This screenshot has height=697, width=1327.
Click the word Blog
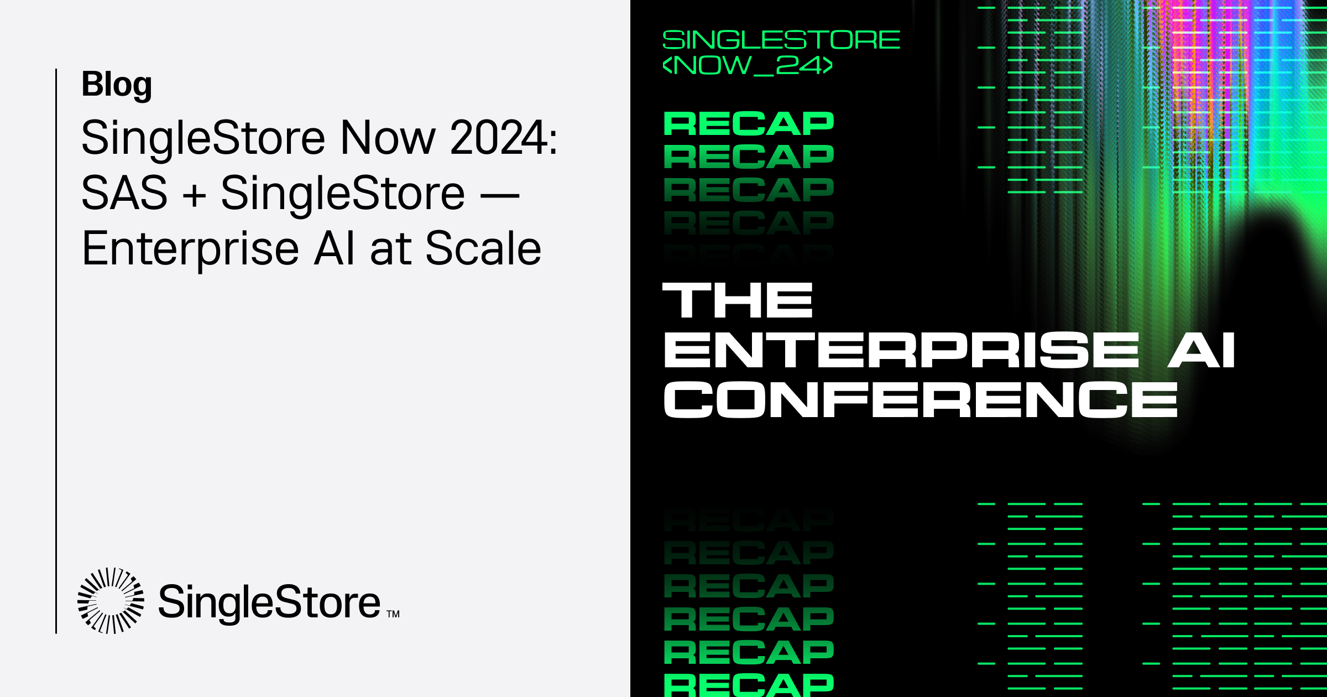(117, 85)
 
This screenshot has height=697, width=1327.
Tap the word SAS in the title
(124, 193)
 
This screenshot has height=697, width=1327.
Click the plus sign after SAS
(194, 195)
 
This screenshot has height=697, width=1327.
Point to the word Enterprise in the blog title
(190, 249)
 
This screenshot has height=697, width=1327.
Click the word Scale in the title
(483, 249)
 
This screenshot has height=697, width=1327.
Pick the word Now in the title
(388, 138)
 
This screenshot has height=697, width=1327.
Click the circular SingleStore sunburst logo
(111, 600)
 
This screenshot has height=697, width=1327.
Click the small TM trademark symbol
(393, 614)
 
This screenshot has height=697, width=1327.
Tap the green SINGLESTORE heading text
(781, 40)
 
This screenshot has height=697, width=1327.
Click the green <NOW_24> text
(748, 65)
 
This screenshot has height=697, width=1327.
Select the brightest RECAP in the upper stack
(749, 123)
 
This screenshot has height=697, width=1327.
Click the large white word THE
(738, 300)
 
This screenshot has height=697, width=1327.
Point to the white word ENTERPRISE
(901, 350)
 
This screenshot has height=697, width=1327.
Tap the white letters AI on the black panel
(1201, 350)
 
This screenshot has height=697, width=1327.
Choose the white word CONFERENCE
(921, 399)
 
